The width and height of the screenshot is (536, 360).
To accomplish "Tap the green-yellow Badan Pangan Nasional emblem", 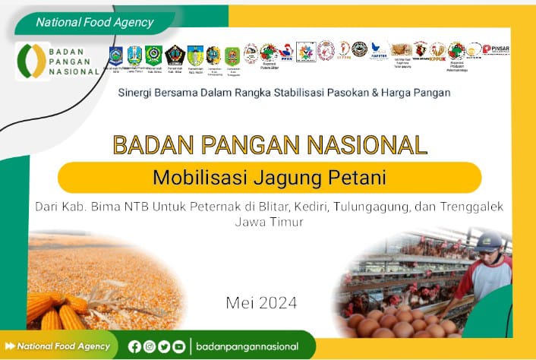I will pos(32,61).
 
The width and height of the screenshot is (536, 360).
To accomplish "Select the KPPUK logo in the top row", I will pos(437,52).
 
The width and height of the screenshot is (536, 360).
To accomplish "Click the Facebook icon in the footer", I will pos(135,346).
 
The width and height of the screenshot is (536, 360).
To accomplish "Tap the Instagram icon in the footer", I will pos(150,346).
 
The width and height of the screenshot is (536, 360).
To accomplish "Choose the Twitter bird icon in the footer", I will pos(164,346).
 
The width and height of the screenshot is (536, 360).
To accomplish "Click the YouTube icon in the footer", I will pos(178,346).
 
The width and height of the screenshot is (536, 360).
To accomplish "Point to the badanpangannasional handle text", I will pos(247,346).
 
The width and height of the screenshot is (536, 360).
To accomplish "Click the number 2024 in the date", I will pos(278,303).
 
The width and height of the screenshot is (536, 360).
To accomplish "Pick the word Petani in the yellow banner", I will pos(360,178).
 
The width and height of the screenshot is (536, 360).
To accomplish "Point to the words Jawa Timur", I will pos(269,223).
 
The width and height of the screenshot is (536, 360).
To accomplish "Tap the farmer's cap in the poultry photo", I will pos(489,241).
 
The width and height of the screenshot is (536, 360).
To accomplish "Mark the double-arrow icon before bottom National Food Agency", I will pos(10,346).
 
